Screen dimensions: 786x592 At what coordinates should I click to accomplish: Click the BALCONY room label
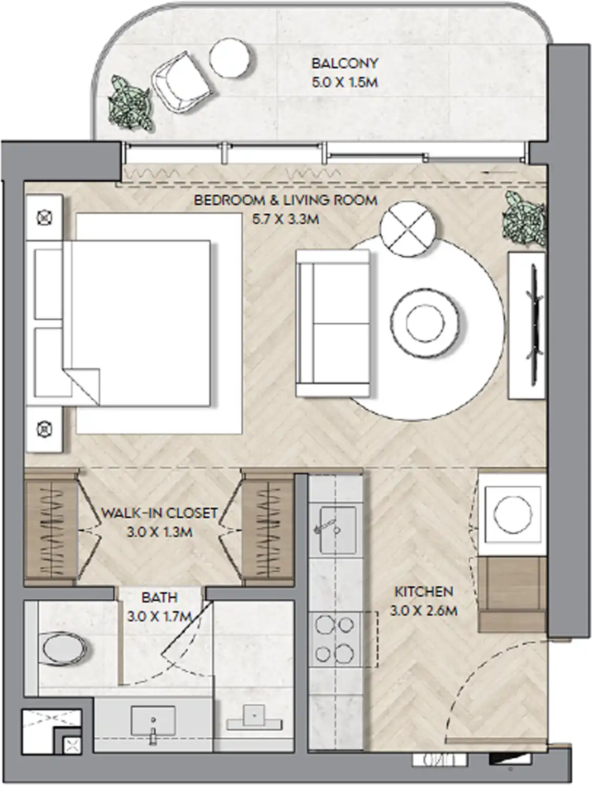(344, 63)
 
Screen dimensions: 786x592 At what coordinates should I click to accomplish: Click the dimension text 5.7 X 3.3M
(285, 219)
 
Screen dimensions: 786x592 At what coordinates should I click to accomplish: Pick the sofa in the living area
(333, 323)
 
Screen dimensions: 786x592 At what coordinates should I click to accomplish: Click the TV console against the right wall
(526, 325)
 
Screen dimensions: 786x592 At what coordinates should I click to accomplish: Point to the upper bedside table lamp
(46, 217)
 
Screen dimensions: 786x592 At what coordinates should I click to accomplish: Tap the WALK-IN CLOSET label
(159, 512)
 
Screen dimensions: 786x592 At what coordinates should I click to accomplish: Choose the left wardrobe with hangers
(51, 530)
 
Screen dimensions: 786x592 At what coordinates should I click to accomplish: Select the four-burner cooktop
(335, 639)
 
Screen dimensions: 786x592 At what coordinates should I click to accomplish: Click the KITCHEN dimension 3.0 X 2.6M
(423, 610)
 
